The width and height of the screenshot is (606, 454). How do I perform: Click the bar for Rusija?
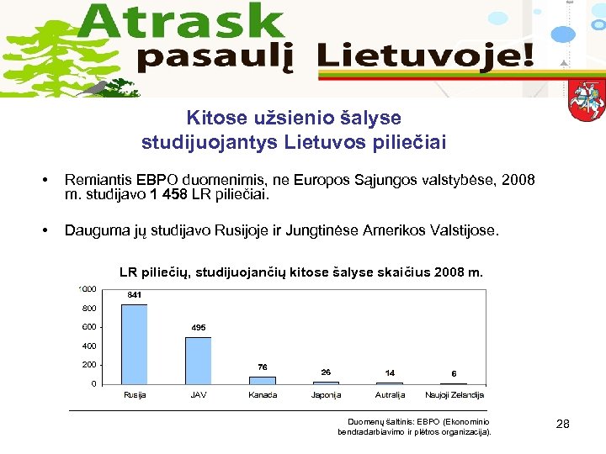(135, 344)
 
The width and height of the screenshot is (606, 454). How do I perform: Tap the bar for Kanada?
(263, 379)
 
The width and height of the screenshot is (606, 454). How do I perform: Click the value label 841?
(135, 295)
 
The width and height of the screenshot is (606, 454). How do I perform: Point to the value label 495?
(199, 327)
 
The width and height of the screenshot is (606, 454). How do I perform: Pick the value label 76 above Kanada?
(263, 367)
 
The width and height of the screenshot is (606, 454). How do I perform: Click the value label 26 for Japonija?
(326, 372)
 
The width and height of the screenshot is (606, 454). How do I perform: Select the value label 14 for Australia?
(390, 372)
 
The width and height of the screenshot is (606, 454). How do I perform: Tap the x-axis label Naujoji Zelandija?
(454, 395)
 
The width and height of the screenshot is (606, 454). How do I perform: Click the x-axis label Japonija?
(326, 395)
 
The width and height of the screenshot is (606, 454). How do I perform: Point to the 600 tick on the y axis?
(89, 327)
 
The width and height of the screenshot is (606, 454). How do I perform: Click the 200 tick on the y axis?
(89, 365)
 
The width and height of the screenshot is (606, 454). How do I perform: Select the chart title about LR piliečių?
(301, 272)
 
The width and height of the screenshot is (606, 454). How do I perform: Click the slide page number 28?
(563, 425)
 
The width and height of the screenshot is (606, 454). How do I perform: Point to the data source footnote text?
(413, 426)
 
